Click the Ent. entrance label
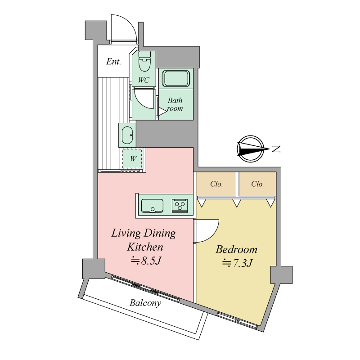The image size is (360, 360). tap(113, 62)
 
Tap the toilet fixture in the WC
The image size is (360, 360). tap(144, 61)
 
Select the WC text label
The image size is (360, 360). tap(144, 80)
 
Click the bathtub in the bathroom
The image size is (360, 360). tap(176, 78)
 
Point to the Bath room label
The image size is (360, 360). tap(175, 104)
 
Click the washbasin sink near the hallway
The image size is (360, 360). tap(127, 135)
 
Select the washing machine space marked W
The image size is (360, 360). tap(132, 159)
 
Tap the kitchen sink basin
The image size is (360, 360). tap(152, 206)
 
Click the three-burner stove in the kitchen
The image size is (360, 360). tap(180, 206)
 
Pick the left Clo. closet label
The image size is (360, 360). tap(216, 184)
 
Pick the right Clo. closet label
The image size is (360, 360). tap(257, 184)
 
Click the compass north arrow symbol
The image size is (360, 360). tap(251, 149)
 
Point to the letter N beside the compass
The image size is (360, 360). tap(276, 149)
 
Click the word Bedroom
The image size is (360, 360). tap(237, 250)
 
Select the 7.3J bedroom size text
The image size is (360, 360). tap(238, 263)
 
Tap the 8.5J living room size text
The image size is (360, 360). tap(145, 261)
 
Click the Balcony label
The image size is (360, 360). tap(145, 303)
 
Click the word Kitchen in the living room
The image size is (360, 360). tap(145, 247)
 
